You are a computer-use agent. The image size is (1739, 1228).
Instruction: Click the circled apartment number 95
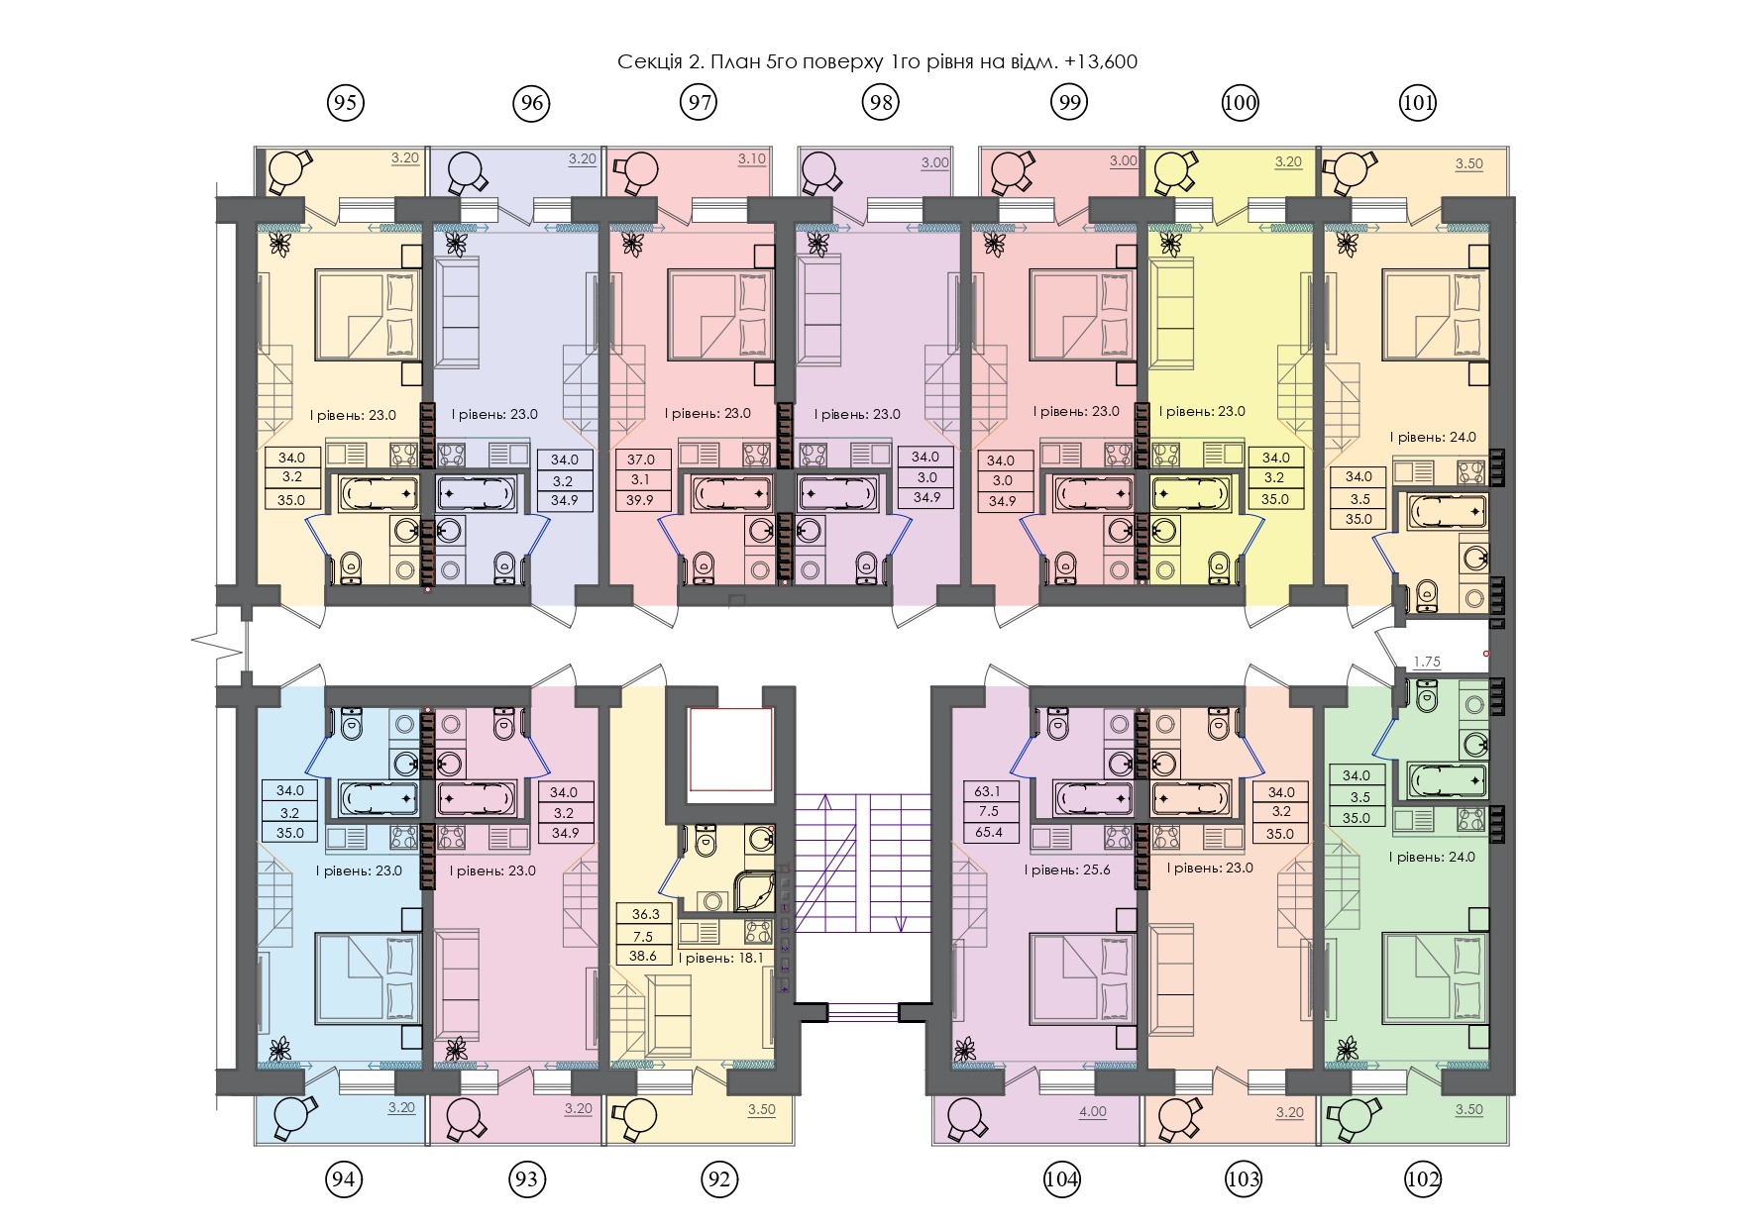(x=345, y=102)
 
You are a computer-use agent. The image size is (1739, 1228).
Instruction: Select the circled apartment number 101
(x=1418, y=102)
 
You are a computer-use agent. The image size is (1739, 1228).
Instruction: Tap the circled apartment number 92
(x=719, y=1178)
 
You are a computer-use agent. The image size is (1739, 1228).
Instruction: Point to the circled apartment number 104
(x=1061, y=1178)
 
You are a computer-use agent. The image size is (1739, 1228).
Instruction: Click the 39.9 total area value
(x=640, y=500)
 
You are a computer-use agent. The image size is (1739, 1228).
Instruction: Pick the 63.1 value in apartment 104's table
(x=988, y=790)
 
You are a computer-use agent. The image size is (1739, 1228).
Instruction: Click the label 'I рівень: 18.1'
(x=721, y=958)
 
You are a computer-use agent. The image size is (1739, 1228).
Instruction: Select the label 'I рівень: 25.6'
(x=1066, y=870)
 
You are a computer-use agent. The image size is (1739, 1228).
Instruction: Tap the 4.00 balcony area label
(x=1092, y=1111)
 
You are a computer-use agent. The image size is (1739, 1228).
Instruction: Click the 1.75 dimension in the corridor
(x=1427, y=662)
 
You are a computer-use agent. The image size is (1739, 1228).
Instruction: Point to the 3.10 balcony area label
(x=752, y=158)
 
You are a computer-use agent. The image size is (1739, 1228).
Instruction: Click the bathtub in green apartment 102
(x=1447, y=780)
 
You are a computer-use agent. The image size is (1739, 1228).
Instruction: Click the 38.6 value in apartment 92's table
(x=643, y=956)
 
